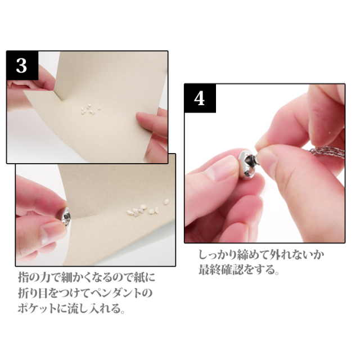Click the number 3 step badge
pos(22,65)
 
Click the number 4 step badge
pos(200,98)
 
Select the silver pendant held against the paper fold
pos(65,217)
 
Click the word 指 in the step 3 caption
pos(24,277)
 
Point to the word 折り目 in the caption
pos(35,293)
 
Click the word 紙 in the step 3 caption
pos(138,277)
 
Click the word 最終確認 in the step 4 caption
pos(220,269)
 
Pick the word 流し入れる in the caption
pos(94,308)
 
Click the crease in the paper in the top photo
pos(56,95)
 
